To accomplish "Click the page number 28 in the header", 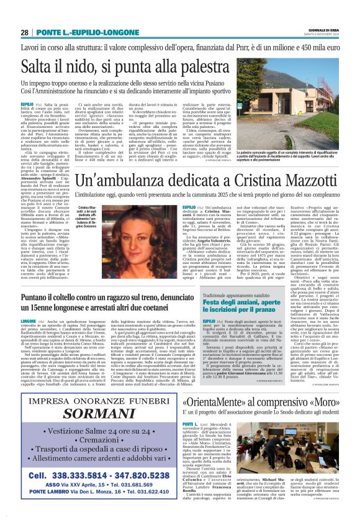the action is coord(24,32).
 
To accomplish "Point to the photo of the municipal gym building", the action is coord(291,119).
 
